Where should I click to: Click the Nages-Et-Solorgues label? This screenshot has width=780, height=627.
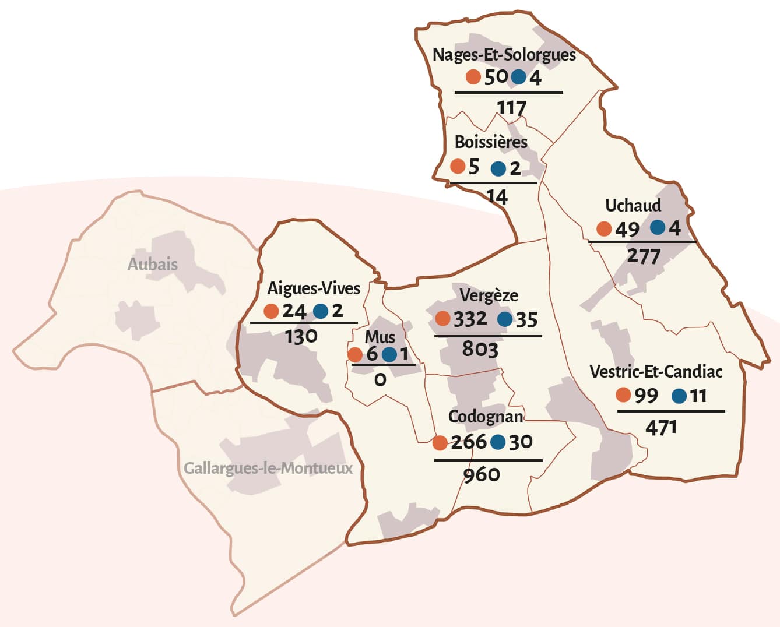click(x=504, y=55)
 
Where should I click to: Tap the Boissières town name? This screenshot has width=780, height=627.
click(x=491, y=142)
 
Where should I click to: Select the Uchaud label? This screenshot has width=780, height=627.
click(x=633, y=206)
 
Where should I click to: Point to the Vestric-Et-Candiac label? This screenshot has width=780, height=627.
click(x=656, y=372)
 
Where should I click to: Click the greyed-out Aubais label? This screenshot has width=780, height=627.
click(x=152, y=264)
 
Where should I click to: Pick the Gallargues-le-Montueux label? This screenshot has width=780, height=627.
click(x=268, y=469)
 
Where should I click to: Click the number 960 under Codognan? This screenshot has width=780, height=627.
click(x=482, y=475)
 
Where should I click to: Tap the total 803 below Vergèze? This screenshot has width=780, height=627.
click(x=480, y=350)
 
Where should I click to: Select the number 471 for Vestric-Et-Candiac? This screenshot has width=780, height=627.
click(x=661, y=428)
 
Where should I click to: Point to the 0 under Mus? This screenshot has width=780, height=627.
click(x=380, y=380)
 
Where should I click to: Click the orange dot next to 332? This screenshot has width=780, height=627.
click(x=442, y=319)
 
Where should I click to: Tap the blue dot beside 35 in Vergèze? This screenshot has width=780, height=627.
click(x=505, y=319)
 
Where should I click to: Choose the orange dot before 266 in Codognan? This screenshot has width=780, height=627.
click(x=440, y=443)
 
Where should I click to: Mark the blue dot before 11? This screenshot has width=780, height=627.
click(x=679, y=396)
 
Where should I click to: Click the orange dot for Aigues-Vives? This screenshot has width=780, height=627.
click(x=271, y=311)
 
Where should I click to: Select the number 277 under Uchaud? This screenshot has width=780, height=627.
click(x=644, y=256)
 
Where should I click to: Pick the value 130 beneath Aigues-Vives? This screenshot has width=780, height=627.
click(x=301, y=336)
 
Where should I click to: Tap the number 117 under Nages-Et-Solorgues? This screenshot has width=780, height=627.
click(x=511, y=107)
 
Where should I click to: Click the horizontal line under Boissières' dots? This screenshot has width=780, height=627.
click(x=493, y=183)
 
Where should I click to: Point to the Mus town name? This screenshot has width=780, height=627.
click(x=380, y=337)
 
